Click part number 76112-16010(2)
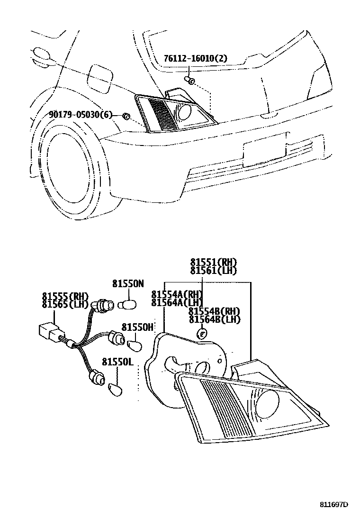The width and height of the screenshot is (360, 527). (196, 59)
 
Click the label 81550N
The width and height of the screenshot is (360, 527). (127, 284)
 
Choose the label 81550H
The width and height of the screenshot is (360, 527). (137, 327)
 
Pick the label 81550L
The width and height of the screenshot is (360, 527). (118, 362)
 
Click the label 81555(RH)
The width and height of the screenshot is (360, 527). (65, 297)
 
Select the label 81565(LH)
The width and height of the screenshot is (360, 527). (65, 305)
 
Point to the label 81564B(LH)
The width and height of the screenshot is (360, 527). (215, 319)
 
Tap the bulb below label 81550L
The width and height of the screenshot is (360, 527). (114, 390)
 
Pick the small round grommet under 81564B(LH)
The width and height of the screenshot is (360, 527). (201, 334)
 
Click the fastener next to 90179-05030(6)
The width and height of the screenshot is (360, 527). (126, 116)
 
